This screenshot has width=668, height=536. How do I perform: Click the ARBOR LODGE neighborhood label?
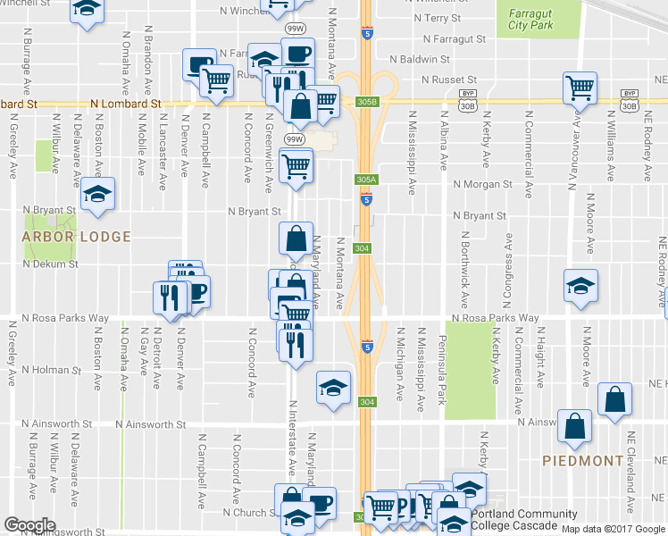tap(77, 237)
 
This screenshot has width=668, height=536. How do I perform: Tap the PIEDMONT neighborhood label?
tap(582, 461)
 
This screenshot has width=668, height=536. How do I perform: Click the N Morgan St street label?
tap(482, 185)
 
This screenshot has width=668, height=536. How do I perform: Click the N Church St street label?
tap(249, 514)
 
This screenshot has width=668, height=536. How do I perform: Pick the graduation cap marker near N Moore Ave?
tap(580, 286)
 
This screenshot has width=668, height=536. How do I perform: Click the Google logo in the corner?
tap(29, 525)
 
